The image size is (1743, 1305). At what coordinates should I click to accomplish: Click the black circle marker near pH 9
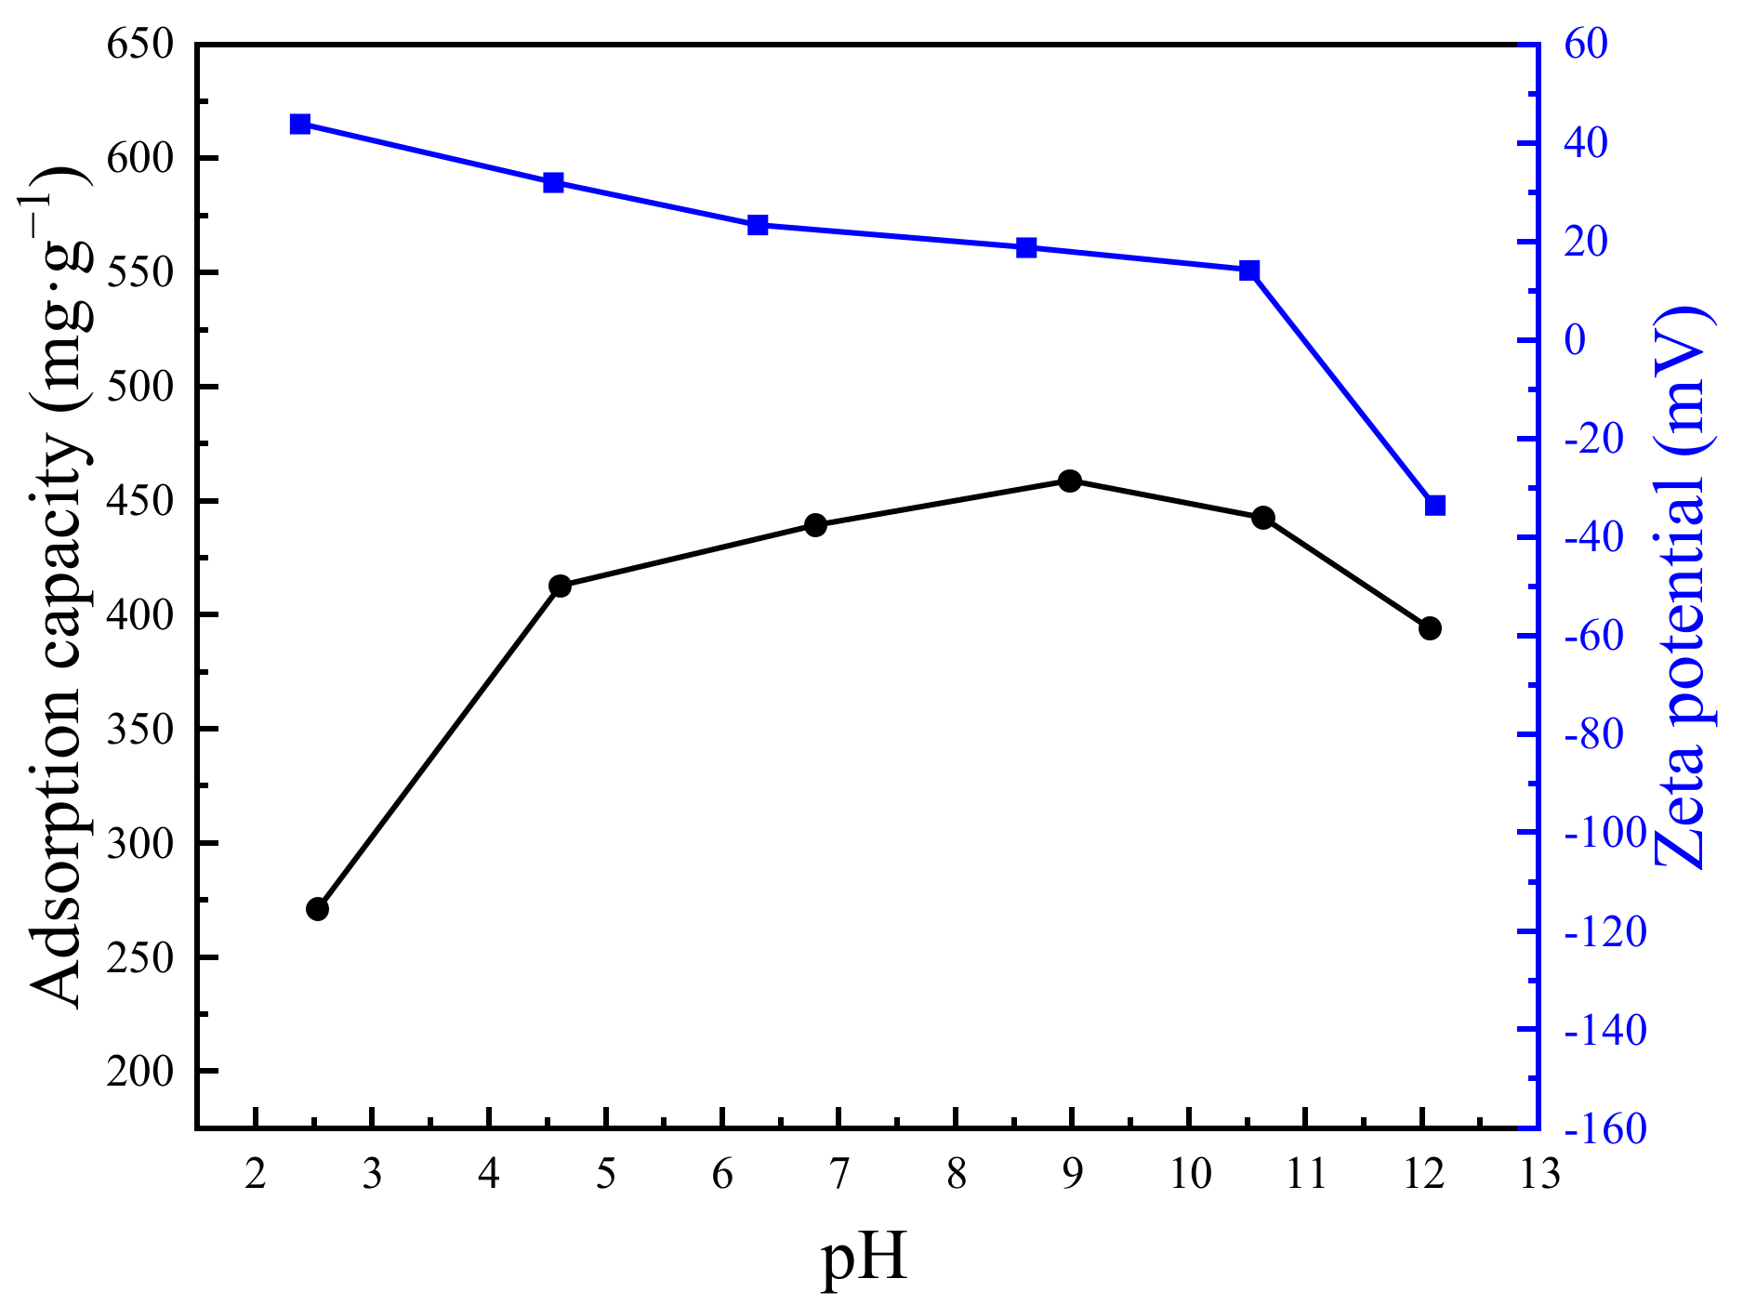1069,481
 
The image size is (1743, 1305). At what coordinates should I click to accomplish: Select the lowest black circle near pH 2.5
317,909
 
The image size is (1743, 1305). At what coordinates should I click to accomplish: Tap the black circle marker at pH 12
1430,628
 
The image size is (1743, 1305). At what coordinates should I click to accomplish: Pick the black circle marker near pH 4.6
560,586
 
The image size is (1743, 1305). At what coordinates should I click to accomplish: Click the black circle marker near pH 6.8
815,525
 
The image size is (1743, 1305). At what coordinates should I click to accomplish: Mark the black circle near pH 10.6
1262,518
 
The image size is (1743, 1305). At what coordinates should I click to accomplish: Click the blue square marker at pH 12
1435,506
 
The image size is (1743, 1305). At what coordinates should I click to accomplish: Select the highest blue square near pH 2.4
299,125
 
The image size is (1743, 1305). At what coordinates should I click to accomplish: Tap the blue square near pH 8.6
1026,247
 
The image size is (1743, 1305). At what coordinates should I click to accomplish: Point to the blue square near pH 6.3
758,225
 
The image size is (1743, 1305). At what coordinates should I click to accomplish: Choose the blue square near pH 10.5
1249,270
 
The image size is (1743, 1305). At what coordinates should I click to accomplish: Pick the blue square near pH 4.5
553,182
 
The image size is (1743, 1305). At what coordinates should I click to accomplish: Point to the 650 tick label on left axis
140,44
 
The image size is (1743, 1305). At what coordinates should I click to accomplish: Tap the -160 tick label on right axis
1604,1129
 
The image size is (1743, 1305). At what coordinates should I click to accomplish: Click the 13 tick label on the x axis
1538,1175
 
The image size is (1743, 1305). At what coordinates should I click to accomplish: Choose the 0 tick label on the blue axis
1575,340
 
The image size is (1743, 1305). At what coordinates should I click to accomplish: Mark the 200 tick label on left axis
140,1072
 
